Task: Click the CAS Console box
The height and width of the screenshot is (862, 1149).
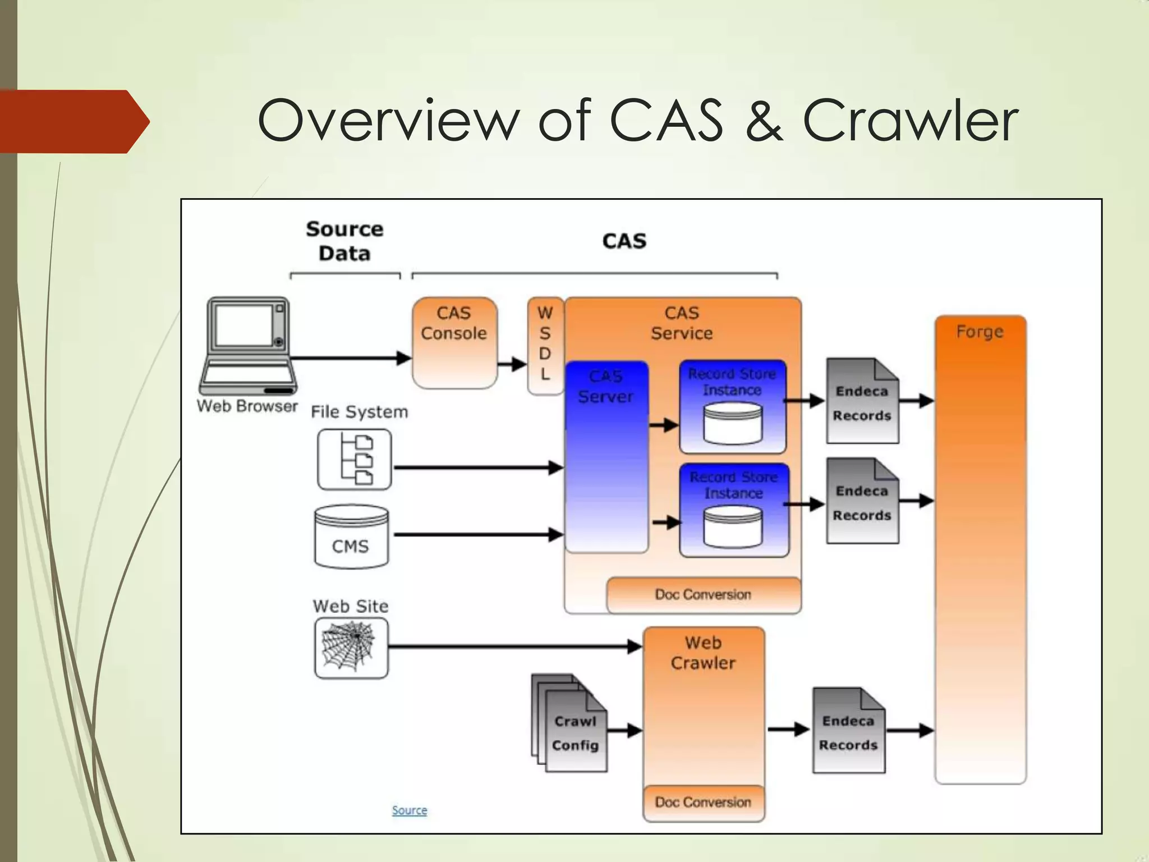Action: coord(454,342)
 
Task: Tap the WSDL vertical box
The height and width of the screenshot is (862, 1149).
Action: coord(545,345)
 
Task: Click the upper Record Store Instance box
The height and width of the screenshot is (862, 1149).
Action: coord(732,406)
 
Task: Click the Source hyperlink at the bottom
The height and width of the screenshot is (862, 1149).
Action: coord(410,810)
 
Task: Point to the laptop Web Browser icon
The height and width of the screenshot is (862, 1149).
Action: coord(247,345)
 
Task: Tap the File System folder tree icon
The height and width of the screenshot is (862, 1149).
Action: coord(354,460)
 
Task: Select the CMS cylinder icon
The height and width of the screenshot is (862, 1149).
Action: coord(351,537)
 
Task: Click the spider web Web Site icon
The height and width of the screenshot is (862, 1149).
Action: coord(351,648)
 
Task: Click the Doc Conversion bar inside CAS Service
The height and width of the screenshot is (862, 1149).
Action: coord(703,595)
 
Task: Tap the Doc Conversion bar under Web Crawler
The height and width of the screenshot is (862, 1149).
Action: coord(703,803)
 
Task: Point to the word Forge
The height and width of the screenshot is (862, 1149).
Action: coord(980,332)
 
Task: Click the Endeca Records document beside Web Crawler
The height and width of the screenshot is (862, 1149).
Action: coord(848,731)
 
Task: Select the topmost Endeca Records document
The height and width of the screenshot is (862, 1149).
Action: coord(862,402)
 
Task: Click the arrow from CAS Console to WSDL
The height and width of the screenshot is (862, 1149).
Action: coord(512,365)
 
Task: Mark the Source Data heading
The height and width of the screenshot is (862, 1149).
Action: coord(344,241)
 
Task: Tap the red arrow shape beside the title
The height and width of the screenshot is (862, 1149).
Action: coord(73,121)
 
